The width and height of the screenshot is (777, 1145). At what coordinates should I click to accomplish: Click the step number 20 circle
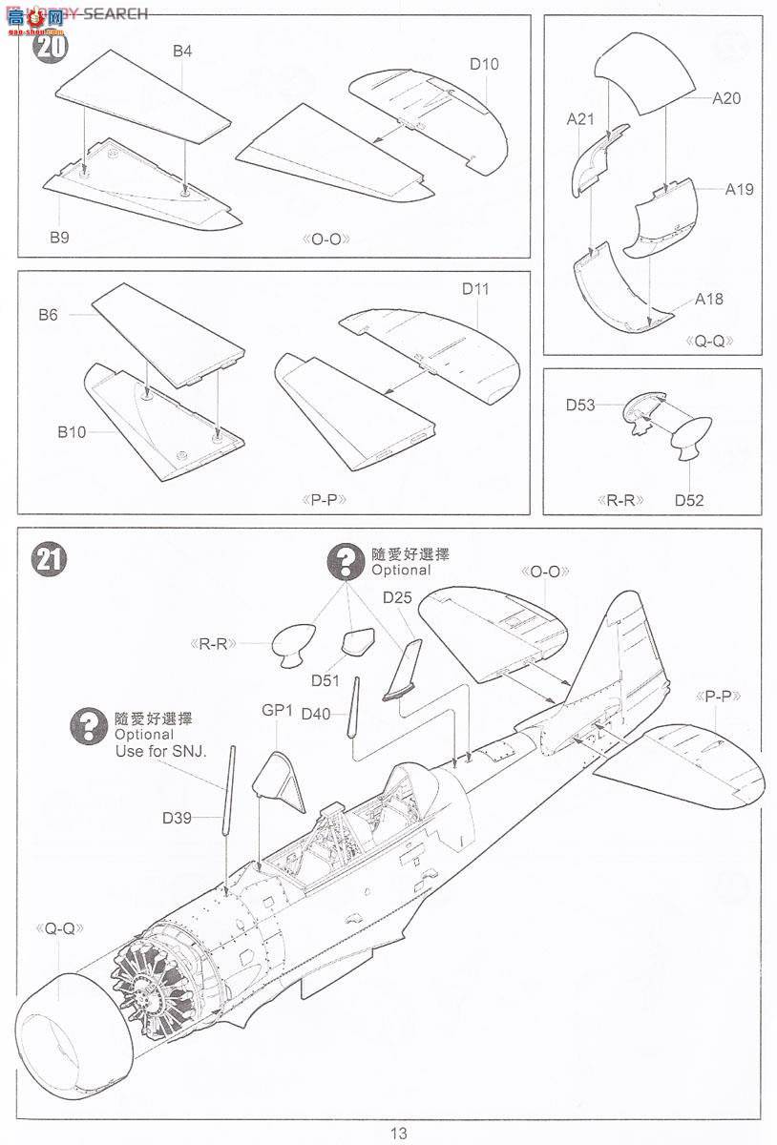(49, 45)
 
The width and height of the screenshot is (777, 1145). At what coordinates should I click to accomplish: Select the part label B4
(182, 52)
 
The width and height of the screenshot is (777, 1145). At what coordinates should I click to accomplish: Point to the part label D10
(483, 65)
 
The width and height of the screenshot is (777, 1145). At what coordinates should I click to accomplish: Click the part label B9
(59, 237)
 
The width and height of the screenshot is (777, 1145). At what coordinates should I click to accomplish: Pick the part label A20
(725, 98)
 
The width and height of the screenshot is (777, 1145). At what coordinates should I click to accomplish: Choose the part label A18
(709, 300)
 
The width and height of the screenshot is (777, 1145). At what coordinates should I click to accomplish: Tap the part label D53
(579, 406)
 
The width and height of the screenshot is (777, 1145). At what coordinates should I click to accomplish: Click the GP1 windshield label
(276, 711)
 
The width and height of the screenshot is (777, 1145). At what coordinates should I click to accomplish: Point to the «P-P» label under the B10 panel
(323, 499)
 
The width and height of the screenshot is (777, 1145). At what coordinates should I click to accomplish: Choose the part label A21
(580, 119)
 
